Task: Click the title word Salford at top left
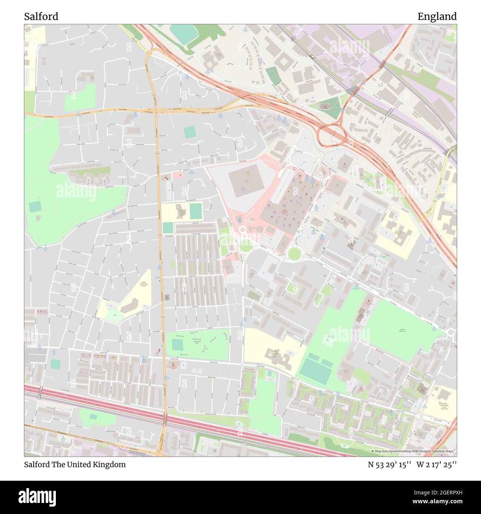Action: click(x=41, y=17)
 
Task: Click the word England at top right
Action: click(x=437, y=17)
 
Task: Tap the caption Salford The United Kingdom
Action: click(x=75, y=464)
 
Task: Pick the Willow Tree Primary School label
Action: click(x=143, y=284)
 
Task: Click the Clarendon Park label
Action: click(x=326, y=337)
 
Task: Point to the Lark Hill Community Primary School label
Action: click(x=274, y=354)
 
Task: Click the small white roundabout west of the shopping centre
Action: click(x=243, y=230)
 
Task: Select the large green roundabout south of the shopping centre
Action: click(x=294, y=254)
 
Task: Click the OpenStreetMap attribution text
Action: click(x=413, y=451)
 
